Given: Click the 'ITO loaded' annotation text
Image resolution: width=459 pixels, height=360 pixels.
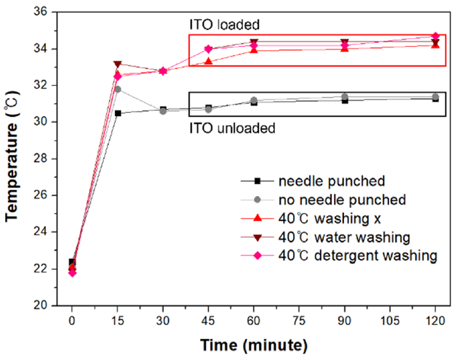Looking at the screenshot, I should (223, 25).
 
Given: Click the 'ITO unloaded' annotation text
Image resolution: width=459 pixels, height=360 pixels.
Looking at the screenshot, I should (232, 128).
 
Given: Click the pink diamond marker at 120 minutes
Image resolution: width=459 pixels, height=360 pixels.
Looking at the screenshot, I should (435, 36).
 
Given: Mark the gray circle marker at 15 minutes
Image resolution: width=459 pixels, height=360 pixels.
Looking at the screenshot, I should (117, 89).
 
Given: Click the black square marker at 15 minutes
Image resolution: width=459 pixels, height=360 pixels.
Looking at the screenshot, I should (117, 113).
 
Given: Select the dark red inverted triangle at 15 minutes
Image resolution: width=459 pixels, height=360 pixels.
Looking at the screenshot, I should (117, 64).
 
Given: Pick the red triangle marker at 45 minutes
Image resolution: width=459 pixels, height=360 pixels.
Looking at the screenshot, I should (208, 61).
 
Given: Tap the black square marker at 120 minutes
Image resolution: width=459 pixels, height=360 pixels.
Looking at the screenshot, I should (435, 98).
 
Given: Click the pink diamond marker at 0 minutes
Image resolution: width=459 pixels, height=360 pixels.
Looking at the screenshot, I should (72, 272).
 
